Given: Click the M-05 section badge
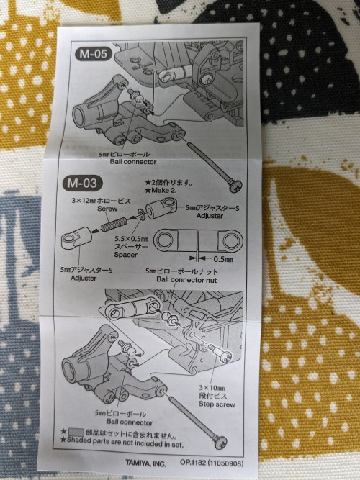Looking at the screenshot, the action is point(93,54).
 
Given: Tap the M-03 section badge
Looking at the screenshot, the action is point(82,183).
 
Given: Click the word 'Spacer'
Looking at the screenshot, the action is point(125,254).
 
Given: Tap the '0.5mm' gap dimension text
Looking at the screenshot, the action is point(223,259).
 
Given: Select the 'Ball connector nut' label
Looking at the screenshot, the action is point(186,279).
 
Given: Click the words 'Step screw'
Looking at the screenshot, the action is point(217,404).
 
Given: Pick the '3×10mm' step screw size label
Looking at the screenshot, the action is point(212,388).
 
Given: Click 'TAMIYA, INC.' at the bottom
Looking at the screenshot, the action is point(145,463).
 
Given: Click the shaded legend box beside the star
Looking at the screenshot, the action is point(76,433).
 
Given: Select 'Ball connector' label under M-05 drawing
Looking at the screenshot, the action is point(133,162).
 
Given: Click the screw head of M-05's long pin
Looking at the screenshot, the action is point(235,186).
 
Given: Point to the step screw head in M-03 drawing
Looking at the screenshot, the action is point(226,356).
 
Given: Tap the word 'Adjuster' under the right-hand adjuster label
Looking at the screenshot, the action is point(210,216).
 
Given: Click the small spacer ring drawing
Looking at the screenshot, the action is point(141,213).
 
